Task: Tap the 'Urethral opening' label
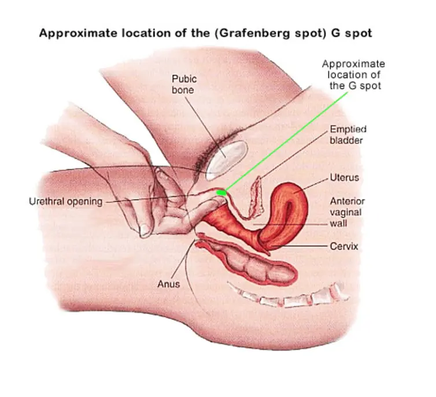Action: (65, 202)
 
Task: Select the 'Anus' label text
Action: (168, 284)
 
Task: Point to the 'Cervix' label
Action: (344, 246)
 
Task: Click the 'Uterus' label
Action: (344, 177)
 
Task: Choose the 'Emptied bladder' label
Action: (348, 134)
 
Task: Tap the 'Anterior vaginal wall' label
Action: (347, 212)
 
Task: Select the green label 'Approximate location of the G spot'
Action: (353, 75)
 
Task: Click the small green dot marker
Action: (221, 192)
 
